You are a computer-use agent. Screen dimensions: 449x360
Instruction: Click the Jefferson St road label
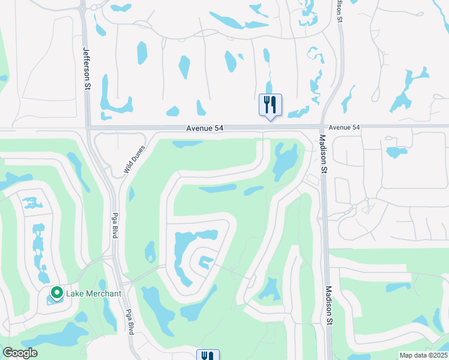(86, 70)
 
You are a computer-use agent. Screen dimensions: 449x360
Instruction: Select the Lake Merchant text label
(94, 293)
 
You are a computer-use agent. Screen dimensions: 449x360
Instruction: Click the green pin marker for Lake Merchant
(57, 293)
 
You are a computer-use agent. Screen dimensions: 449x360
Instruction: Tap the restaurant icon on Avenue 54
(270, 105)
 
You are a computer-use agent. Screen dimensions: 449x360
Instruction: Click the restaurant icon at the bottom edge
(208, 355)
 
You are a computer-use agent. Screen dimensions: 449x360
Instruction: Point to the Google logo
(20, 353)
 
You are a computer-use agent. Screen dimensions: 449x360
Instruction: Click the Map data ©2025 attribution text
(423, 355)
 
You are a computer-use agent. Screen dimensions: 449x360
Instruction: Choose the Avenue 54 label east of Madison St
(344, 127)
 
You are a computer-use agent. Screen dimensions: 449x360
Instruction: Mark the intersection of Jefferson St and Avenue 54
(87, 127)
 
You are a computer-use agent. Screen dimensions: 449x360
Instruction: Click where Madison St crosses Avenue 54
(322, 127)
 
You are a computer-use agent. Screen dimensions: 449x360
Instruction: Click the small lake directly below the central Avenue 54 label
(187, 144)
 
